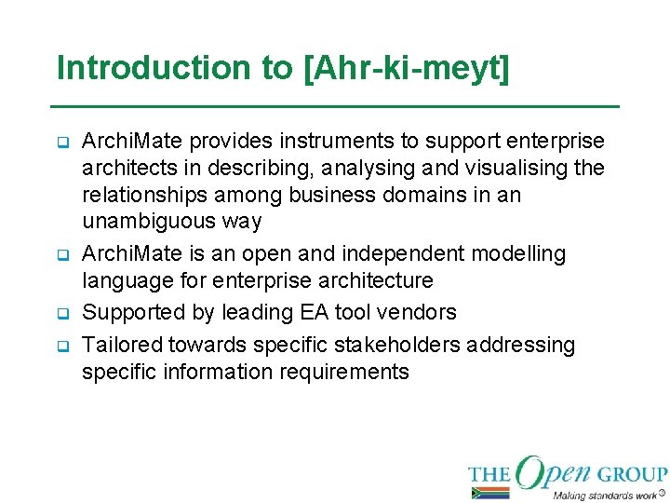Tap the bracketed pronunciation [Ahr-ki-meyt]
[407, 69]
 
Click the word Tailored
[122, 345]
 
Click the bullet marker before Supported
[64, 313]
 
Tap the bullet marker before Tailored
[64, 346]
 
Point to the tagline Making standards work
[604, 495]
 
